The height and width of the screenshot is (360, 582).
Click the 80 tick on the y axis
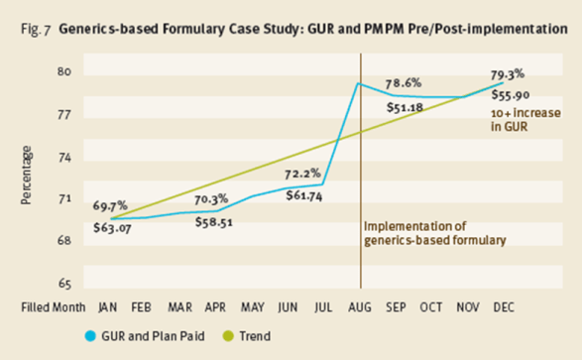(64, 72)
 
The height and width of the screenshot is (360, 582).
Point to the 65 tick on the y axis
(64, 283)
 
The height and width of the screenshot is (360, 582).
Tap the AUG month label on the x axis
(360, 306)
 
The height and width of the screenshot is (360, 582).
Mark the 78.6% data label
(407, 82)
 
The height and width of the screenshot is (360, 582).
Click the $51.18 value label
(407, 107)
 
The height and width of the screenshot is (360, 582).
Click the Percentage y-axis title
(27, 177)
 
